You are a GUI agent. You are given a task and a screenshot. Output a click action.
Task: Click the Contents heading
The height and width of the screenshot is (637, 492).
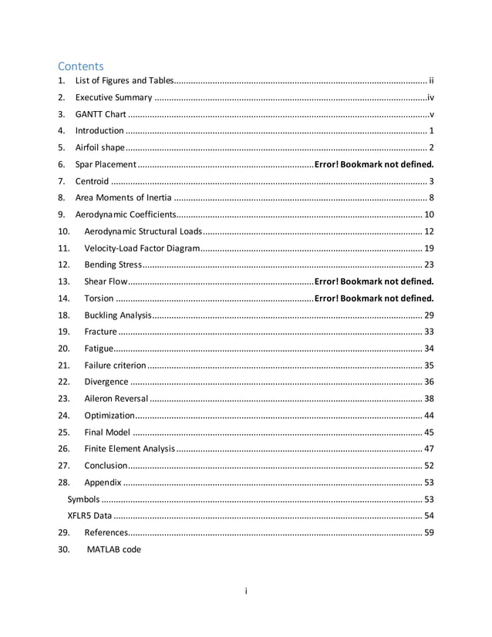(81, 66)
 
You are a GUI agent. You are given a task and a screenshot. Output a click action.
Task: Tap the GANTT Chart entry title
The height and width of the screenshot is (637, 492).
(100, 114)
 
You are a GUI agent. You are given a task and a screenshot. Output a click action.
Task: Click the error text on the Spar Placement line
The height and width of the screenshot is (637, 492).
(374, 164)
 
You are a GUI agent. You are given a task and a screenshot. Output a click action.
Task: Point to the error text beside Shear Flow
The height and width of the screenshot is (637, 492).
(374, 281)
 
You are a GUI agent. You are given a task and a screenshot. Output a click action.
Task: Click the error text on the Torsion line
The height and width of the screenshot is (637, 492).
(374, 298)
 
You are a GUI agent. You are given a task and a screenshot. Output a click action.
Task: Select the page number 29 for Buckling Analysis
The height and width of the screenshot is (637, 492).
(429, 315)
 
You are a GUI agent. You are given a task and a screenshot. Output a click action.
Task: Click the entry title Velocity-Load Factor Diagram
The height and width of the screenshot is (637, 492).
(142, 248)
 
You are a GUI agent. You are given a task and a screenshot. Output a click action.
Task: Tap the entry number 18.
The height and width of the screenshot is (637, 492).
(64, 315)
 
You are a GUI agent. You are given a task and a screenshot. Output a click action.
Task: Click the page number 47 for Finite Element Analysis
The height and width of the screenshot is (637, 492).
(429, 449)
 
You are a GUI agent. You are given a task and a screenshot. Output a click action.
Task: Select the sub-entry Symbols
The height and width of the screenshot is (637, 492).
(83, 499)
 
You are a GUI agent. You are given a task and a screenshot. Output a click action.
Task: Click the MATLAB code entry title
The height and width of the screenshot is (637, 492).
(113, 549)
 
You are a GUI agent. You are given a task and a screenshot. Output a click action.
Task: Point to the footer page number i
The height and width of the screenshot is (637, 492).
(245, 591)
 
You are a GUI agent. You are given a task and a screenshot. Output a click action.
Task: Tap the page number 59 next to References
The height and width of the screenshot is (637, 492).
(429, 533)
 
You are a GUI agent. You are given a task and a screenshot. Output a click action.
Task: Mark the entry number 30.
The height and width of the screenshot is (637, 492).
(64, 549)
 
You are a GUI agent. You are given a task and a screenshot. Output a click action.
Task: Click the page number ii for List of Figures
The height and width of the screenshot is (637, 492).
(432, 80)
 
